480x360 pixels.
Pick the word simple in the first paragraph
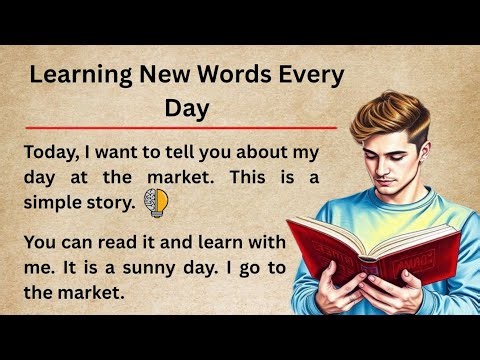coord(49,203)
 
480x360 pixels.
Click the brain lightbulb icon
coord(157,202)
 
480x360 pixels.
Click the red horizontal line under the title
coord(180,129)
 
